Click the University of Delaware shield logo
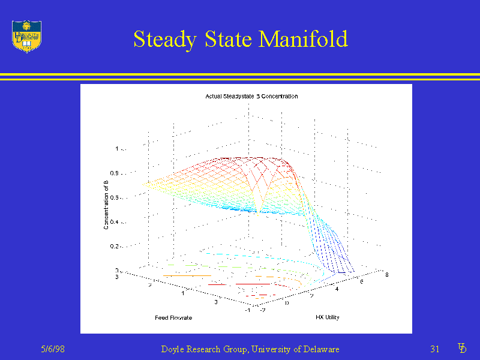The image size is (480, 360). point(26,36)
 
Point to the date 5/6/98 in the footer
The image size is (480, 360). point(53,349)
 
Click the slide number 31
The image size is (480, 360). point(435,349)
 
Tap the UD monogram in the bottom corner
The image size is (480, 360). point(462,348)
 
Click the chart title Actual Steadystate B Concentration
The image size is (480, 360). point(251,96)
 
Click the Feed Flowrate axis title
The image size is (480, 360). point(173,317)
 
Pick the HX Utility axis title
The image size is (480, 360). point(327,317)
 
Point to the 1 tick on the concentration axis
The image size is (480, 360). point(117,148)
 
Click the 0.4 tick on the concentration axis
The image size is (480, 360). point(114,222)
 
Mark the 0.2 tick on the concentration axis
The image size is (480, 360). point(114,247)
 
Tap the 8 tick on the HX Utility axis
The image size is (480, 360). point(387,275)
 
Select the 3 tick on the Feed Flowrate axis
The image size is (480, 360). point(117,277)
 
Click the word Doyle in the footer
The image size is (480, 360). point(174,349)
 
